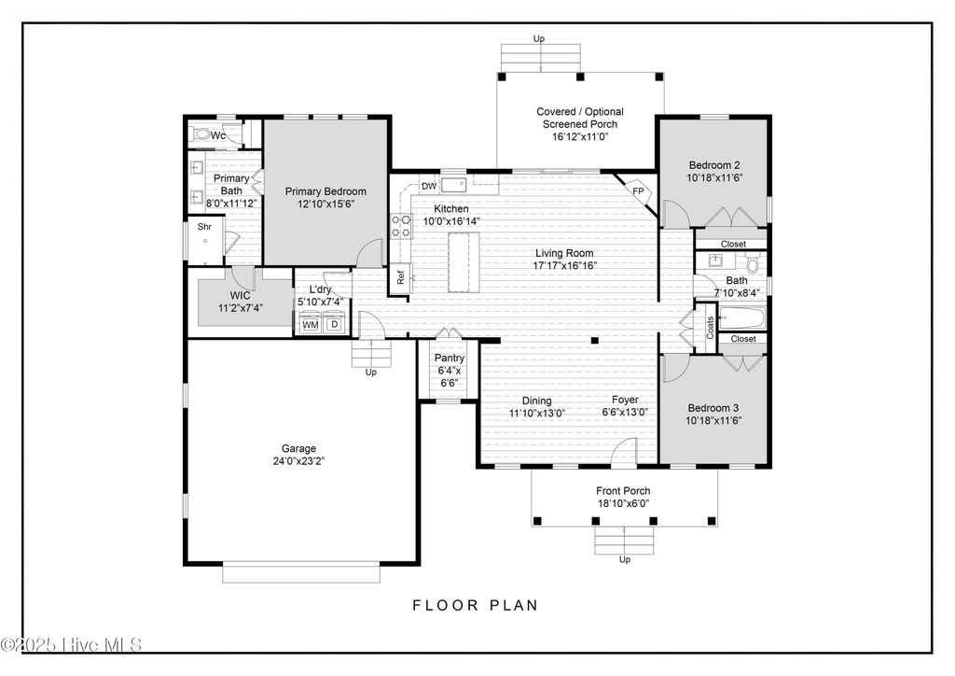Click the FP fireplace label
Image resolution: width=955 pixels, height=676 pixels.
[638, 191]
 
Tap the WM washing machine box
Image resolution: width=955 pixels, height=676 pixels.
[311, 324]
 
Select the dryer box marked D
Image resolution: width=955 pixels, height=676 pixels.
[334, 324]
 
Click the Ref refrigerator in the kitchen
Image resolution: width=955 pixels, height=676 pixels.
[400, 278]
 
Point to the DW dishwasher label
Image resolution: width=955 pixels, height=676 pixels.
[429, 186]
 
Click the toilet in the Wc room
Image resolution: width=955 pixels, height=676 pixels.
[201, 134]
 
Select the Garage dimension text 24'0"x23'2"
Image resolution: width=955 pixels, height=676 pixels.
[298, 461]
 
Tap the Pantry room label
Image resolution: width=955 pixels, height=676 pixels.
[450, 358]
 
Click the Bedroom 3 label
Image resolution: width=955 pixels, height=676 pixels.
[713, 408]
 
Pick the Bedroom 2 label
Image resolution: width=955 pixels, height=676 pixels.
[714, 164]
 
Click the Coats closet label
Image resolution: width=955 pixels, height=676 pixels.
[710, 328]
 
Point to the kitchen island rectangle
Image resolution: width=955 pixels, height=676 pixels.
[464, 262]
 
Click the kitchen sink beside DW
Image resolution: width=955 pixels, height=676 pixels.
[454, 185]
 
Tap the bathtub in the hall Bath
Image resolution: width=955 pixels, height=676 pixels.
[742, 317]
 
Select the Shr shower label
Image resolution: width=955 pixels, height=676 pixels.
[204, 227]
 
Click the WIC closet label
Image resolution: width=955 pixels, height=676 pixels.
[240, 296]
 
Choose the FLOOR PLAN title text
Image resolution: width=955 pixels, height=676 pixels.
[476, 605]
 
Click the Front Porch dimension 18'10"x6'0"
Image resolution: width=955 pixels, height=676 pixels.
[623, 503]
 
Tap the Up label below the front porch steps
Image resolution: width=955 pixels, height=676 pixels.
[625, 559]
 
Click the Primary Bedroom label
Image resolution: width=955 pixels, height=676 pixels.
[325, 191]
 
